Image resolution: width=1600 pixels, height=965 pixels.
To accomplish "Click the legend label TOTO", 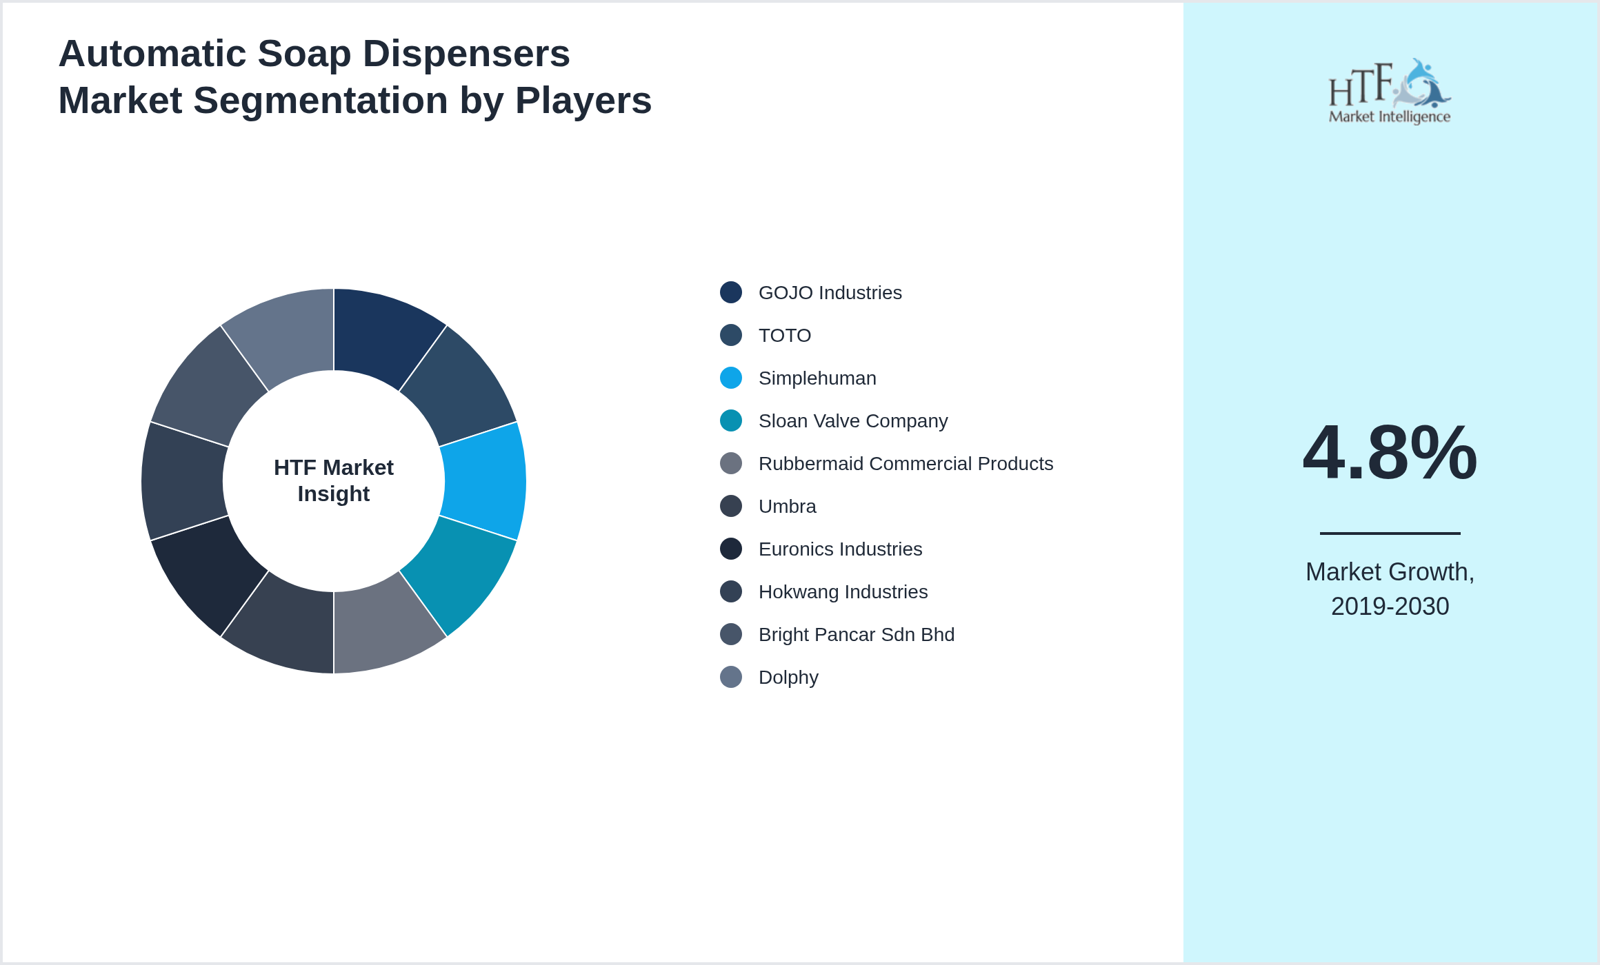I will pos(784,336).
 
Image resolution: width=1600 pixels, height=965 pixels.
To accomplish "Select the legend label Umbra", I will pos(787,507).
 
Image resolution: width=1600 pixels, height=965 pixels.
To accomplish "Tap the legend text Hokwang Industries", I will pos(843,592).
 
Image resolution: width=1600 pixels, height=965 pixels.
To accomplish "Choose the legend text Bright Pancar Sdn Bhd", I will pos(856,635).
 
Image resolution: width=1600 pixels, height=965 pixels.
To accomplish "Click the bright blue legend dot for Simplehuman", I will pos(731,378).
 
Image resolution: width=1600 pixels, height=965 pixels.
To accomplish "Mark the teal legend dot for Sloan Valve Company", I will pos(731,420).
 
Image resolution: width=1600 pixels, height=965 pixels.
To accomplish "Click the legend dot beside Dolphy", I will pos(731,677).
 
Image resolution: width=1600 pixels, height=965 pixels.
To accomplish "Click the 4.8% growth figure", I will pos(1390,453).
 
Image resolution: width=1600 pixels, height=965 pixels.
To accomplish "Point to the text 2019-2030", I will pos(1390,607).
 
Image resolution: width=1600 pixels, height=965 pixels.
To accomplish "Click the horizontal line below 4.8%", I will pos(1390,533).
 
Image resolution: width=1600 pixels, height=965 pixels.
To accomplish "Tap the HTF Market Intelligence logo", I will pos(1390,92).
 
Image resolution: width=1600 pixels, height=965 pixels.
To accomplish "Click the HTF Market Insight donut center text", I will pos(334,480).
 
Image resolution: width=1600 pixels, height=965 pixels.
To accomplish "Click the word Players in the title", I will pos(583,101).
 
